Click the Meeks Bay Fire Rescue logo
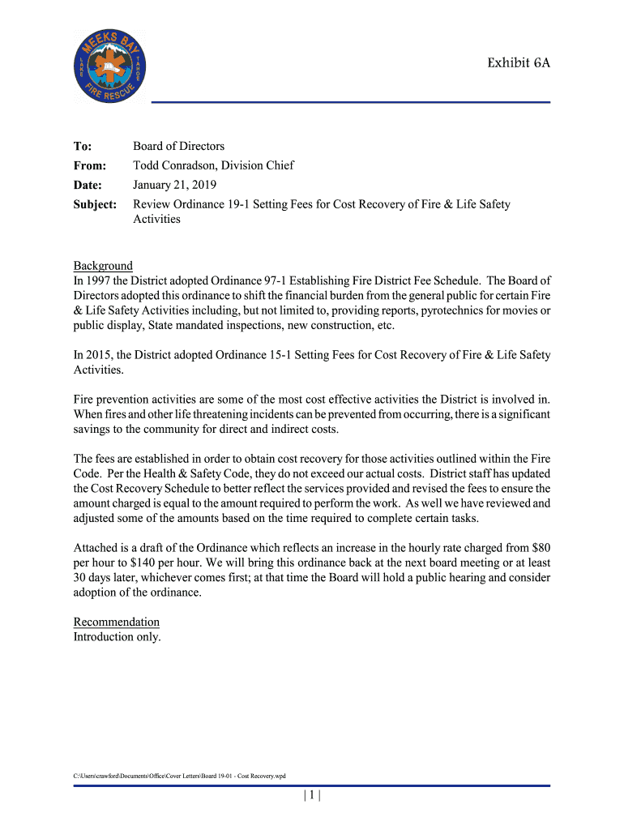coord(110,66)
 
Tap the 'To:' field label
coord(83,146)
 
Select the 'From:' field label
coord(90,165)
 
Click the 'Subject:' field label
coord(96,204)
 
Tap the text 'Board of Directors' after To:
coord(178,146)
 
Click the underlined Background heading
coord(103,266)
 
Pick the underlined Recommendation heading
coord(117,622)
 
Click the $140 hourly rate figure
coord(112,563)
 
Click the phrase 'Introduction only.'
coord(117,636)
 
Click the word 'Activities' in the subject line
coord(156,219)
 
